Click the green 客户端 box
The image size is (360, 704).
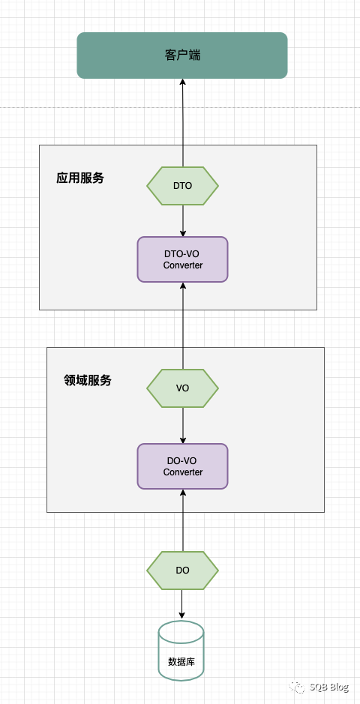click(x=182, y=55)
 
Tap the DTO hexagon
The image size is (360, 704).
click(x=182, y=185)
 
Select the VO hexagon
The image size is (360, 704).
click(x=182, y=388)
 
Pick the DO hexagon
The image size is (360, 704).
click(x=182, y=570)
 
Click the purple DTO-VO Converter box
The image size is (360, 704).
click(x=182, y=259)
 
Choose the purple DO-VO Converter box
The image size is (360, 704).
click(x=182, y=466)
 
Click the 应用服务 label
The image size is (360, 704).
click(x=80, y=178)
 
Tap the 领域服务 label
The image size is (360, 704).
click(x=88, y=380)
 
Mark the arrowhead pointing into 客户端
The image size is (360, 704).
click(x=182, y=82)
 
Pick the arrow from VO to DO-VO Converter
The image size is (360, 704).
click(x=182, y=426)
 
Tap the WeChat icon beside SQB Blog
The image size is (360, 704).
click(x=299, y=687)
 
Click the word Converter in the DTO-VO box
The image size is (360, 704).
click(x=182, y=265)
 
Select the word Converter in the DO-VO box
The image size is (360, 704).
click(x=182, y=472)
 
